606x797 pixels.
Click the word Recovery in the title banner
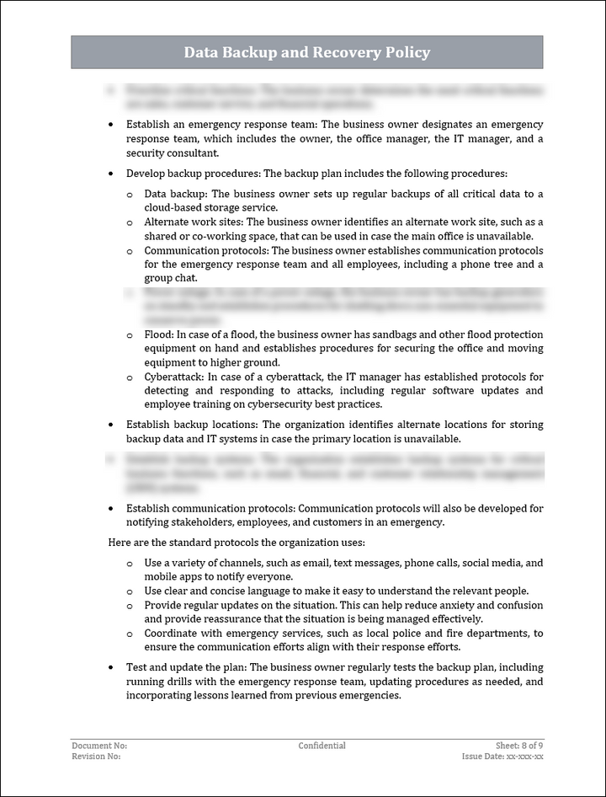343,52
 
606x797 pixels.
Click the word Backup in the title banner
252,52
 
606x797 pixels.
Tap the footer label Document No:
99,746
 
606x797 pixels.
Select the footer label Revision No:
96,757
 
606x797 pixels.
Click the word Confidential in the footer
322,746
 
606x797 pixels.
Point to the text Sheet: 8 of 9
519,746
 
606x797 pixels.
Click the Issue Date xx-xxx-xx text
502,757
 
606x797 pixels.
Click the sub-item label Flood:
158,334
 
